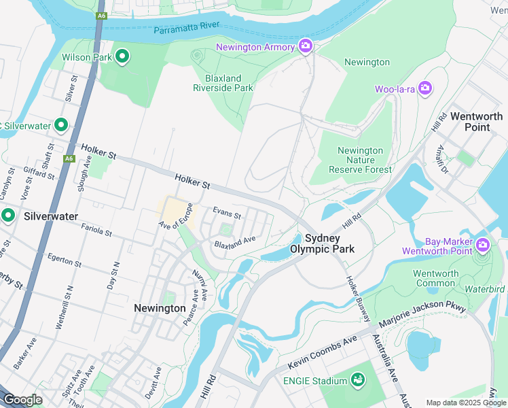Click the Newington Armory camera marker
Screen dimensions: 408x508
click(306, 46)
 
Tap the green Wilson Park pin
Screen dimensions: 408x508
click(122, 56)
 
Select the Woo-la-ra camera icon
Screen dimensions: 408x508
click(425, 88)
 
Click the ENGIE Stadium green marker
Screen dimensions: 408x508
click(357, 380)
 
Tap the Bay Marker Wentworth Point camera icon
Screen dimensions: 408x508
click(483, 244)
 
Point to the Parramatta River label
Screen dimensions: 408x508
click(187, 30)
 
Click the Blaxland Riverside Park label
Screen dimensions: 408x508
click(223, 83)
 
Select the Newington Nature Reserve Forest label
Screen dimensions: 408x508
click(360, 160)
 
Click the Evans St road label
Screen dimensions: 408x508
click(227, 214)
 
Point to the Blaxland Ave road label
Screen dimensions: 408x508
click(234, 241)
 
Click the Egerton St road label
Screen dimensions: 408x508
click(65, 260)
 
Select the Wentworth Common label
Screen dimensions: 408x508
click(436, 278)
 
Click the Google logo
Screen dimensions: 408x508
click(22, 400)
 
